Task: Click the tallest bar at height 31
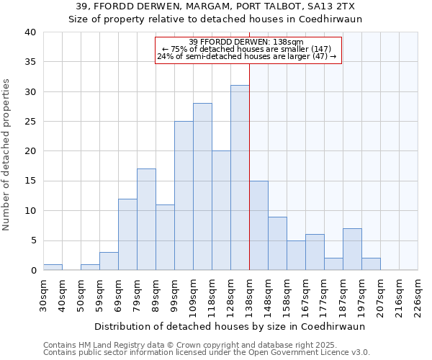[x=240, y=178]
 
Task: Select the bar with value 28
[x=202, y=186]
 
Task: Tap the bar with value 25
[x=184, y=196]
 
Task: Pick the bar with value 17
[x=146, y=220]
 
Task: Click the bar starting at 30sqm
[x=53, y=267]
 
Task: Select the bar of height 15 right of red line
[x=258, y=225]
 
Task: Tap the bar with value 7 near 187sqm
[x=352, y=249]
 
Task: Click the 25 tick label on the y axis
[x=30, y=122]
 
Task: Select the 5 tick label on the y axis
[x=32, y=240]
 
